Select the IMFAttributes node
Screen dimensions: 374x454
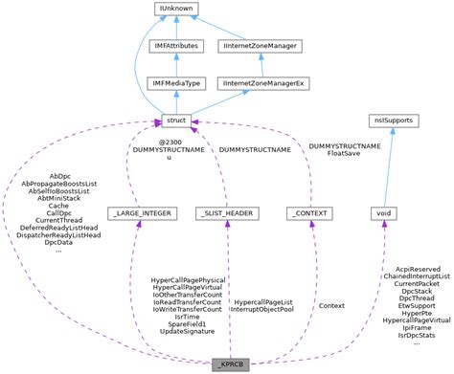pos(176,46)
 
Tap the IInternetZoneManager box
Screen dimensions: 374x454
pos(261,46)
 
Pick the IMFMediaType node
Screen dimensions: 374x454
pos(176,83)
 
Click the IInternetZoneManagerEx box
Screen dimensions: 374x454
pos(261,83)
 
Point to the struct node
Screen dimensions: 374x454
pos(176,120)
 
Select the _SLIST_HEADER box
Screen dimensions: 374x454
pos(226,212)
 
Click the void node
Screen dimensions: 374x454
pos(384,212)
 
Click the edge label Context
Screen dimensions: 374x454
pos(331,305)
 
